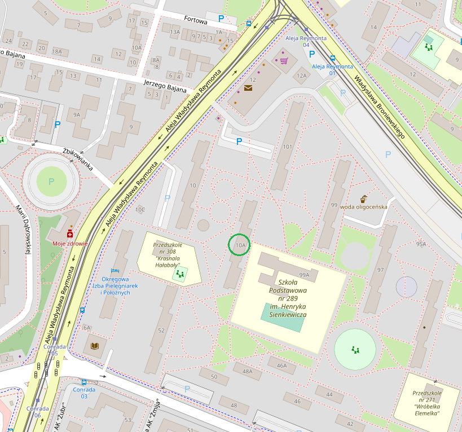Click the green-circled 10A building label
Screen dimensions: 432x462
pos(241,245)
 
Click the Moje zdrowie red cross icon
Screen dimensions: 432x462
pos(71,233)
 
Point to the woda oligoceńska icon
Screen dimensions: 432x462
pos(364,198)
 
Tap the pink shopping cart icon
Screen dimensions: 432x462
pos(284,60)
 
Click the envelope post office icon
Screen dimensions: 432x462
pos(248,89)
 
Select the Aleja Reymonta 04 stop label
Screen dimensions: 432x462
pos(306,41)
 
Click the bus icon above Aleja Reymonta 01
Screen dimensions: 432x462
pos(333,58)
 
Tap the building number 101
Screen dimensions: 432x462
pos(287,147)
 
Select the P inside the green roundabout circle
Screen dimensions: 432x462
pos(51,182)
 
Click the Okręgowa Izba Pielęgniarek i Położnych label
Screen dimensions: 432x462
pos(116,286)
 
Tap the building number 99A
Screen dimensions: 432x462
pos(305,275)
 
